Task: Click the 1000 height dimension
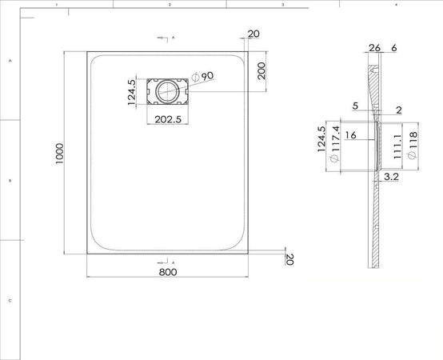[x=59, y=153]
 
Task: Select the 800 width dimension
[x=167, y=272]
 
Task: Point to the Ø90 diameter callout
[x=202, y=76]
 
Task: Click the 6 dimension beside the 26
[x=394, y=48]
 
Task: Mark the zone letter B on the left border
[x=10, y=181]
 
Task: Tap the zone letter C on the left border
[x=10, y=301]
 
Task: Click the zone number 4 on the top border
[x=397, y=5]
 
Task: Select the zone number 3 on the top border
[x=283, y=5]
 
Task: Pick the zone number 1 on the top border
[x=57, y=5]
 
